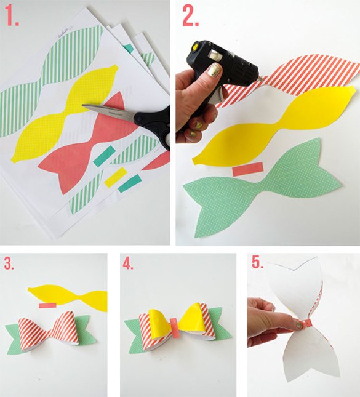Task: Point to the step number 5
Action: pos(257,263)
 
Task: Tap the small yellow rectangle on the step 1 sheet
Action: pos(114,178)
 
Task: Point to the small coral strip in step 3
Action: pos(46,305)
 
